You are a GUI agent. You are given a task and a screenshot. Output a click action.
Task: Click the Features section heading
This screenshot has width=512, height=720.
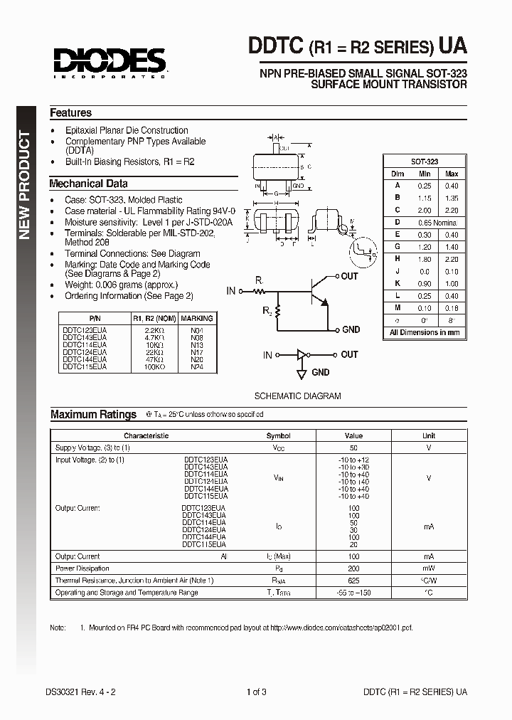70,113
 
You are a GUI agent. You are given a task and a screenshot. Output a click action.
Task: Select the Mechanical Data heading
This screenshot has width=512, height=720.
88,184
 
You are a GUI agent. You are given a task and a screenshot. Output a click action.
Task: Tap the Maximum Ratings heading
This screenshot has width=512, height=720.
93,414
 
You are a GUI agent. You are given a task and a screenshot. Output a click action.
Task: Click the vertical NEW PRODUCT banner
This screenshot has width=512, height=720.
25,185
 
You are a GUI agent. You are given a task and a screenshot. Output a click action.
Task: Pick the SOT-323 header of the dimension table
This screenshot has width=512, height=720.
425,162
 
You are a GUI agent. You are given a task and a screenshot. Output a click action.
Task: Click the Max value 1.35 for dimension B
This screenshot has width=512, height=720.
452,198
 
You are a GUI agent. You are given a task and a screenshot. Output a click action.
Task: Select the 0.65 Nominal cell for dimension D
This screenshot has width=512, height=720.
438,222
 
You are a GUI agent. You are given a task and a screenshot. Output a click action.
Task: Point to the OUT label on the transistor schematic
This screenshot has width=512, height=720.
349,276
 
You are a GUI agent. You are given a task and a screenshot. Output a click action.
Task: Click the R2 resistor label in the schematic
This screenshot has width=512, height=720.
267,310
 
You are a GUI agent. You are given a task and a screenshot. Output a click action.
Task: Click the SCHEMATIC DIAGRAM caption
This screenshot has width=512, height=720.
297,396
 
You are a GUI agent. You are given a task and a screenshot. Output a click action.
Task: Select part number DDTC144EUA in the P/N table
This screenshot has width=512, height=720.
85,361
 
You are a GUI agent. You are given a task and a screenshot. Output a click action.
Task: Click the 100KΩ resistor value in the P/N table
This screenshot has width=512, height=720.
154,367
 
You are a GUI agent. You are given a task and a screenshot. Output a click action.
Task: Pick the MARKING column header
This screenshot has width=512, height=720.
196,318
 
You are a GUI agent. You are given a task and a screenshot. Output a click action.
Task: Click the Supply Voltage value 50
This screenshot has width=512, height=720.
353,448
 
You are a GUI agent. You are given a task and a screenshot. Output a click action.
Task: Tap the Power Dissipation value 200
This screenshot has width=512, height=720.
353,568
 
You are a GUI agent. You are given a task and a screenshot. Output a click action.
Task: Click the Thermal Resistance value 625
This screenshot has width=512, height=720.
353,581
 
